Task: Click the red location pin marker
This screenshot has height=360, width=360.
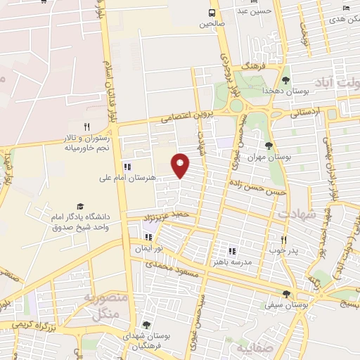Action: (x=181, y=165)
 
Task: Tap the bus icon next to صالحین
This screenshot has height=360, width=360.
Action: (x=212, y=13)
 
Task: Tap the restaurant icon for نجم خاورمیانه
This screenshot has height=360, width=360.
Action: (x=87, y=127)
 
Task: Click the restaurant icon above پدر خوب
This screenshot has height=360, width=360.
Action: (x=283, y=240)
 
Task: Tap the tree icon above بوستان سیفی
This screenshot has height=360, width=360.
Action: (x=285, y=294)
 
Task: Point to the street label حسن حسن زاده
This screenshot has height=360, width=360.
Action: (x=257, y=186)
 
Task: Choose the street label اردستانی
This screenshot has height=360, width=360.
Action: (x=304, y=112)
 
